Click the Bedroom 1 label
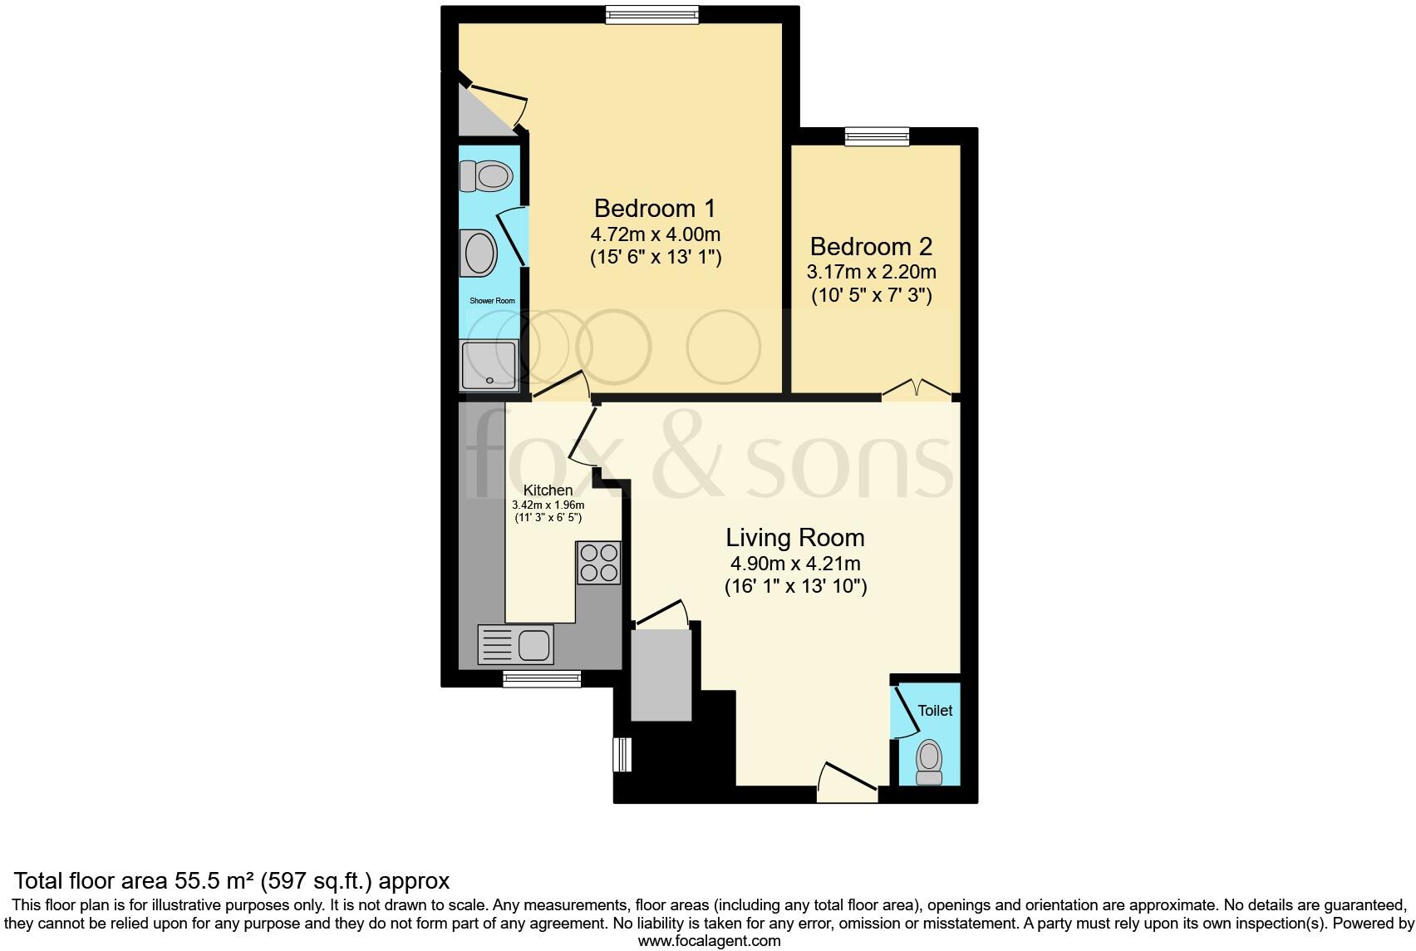pos(655,208)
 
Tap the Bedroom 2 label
pos(871,247)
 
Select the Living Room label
pos(795,538)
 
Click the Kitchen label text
pos(548,490)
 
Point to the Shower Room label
pos(492,301)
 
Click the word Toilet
pos(935,711)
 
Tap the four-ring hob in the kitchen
pos(598,562)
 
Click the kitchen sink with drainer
pos(515,644)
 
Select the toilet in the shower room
pos(486,176)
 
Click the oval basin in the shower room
pos(479,254)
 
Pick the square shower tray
pos(489,365)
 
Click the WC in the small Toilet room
pos(928,761)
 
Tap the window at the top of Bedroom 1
pos(652,14)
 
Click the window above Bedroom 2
pos(878,136)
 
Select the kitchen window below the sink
pos(542,679)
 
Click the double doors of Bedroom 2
pos(917,390)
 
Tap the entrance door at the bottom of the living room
pos(848,786)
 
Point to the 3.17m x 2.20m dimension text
pos(871,272)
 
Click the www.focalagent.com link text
pos(709,941)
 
